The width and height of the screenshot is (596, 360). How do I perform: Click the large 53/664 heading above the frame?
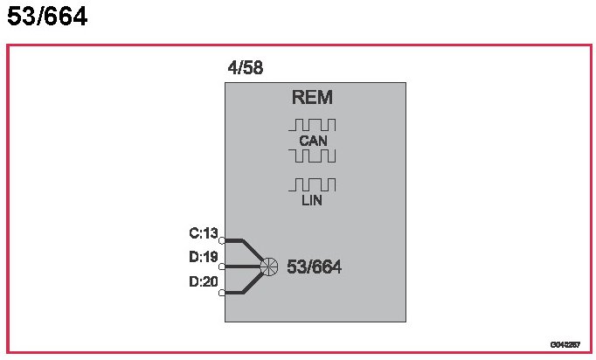pos(47,17)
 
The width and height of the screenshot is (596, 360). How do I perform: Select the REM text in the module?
pos(312,98)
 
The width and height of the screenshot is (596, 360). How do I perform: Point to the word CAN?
pos(312,140)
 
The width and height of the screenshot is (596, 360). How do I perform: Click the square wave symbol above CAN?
pos(312,124)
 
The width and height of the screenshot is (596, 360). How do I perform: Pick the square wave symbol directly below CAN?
pos(312,156)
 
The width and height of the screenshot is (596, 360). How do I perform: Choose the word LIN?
pos(312,200)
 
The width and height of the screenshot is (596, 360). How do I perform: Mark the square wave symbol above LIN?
pos(312,184)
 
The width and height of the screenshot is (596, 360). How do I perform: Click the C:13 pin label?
pos(203,233)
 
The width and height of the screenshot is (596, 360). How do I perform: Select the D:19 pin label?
pos(203,258)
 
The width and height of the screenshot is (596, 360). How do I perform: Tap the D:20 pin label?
pos(203,281)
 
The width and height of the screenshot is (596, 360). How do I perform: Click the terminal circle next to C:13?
pos(222,239)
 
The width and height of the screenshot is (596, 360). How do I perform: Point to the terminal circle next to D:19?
pos(222,267)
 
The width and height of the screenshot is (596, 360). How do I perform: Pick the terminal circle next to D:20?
pos(222,293)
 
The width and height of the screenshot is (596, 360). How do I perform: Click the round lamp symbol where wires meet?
pos(269,267)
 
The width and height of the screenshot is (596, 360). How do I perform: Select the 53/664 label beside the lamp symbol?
pos(314,267)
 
